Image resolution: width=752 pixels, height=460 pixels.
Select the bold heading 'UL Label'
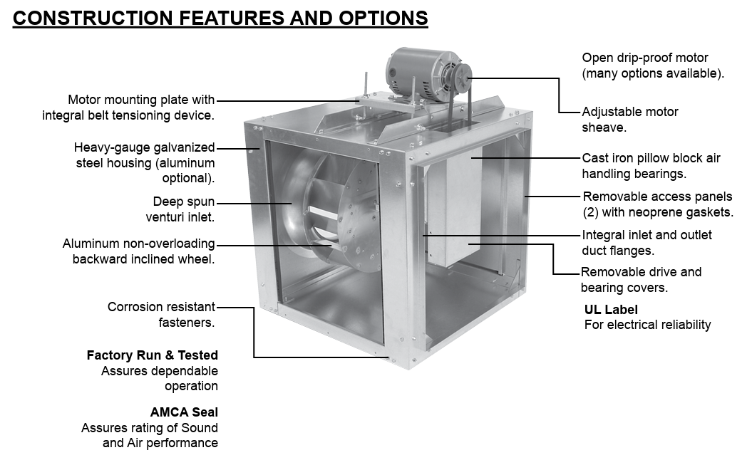click(x=611, y=310)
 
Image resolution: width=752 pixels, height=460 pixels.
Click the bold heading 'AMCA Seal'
click(x=184, y=412)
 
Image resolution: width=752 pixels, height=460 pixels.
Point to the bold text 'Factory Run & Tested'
click(x=153, y=355)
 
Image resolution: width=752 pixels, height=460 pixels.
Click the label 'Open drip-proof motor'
click(x=645, y=58)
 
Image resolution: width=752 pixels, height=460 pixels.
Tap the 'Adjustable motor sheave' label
click(x=630, y=120)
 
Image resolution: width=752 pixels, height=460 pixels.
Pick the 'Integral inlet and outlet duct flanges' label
click(x=647, y=242)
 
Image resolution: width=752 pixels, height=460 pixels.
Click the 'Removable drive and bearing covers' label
click(x=641, y=280)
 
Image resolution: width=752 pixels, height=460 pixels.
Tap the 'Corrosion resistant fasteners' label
click(x=161, y=315)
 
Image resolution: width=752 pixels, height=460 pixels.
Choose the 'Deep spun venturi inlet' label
click(x=183, y=209)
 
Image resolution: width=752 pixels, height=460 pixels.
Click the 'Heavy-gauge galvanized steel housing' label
click(x=145, y=163)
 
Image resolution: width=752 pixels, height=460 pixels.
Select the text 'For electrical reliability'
click(x=647, y=325)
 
